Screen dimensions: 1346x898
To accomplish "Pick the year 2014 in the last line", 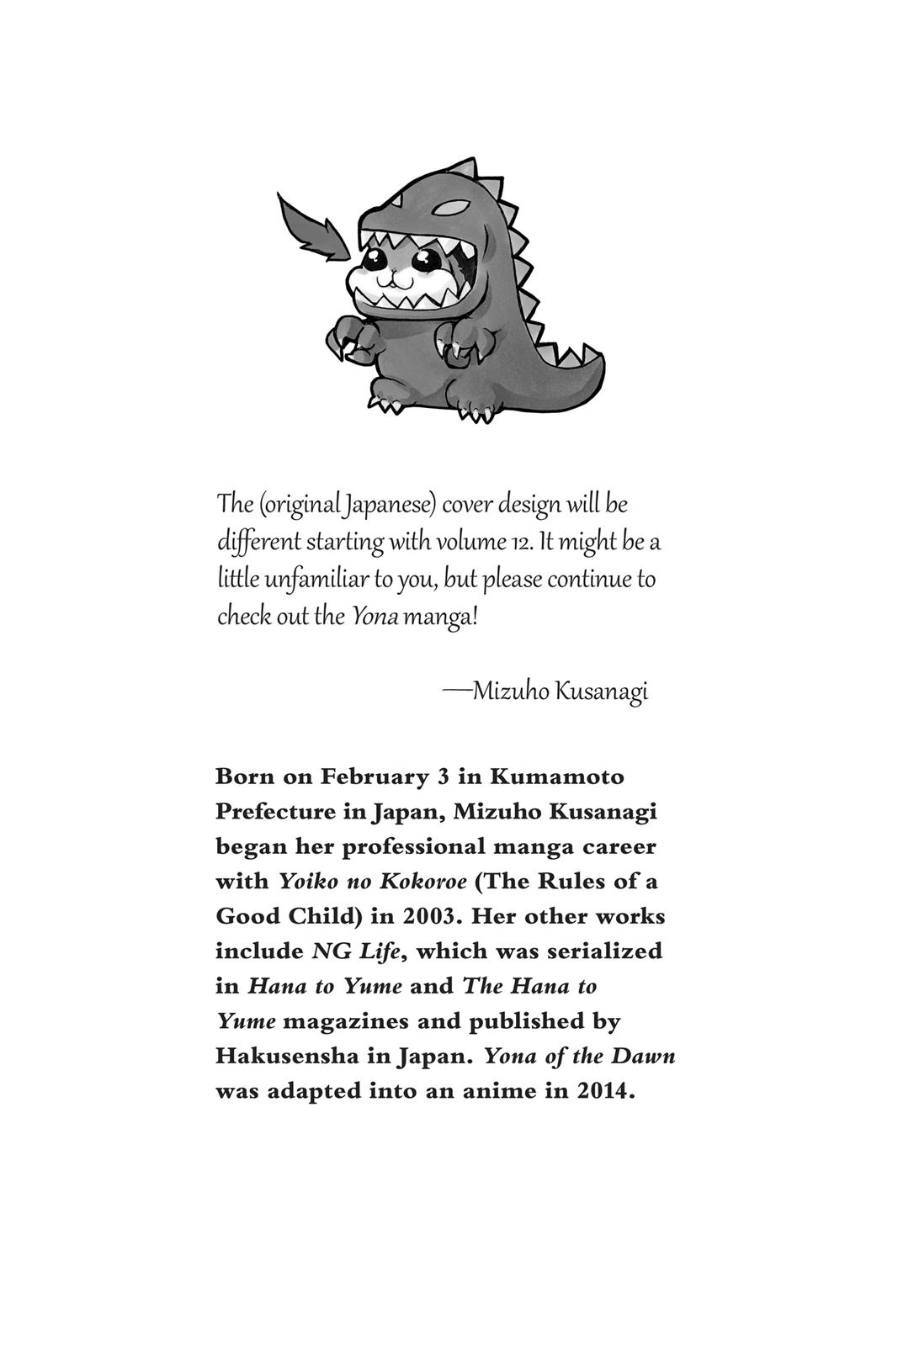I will pos(604,1091).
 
